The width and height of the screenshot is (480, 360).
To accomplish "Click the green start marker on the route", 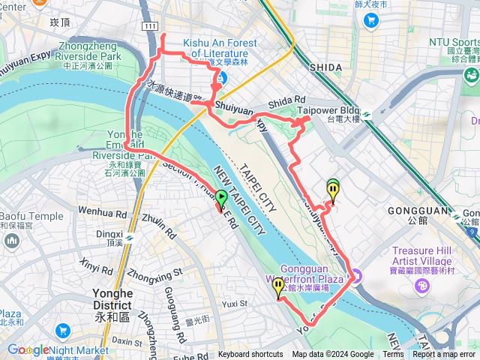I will (x=221, y=199).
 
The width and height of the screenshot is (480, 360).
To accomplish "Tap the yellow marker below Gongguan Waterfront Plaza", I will (x=278, y=287).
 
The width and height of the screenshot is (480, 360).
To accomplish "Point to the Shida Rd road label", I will (x=291, y=100).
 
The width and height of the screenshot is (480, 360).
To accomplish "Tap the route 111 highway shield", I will (x=150, y=26).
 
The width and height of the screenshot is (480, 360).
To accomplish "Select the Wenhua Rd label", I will (x=103, y=214).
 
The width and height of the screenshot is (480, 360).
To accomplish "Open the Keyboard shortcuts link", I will (x=250, y=355).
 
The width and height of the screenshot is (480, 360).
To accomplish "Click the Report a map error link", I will (x=445, y=355).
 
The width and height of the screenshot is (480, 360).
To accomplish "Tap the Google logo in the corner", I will (x=28, y=349).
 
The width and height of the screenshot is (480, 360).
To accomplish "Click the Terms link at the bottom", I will (x=393, y=355).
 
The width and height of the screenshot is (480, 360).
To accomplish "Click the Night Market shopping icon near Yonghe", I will (x=61, y=331).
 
